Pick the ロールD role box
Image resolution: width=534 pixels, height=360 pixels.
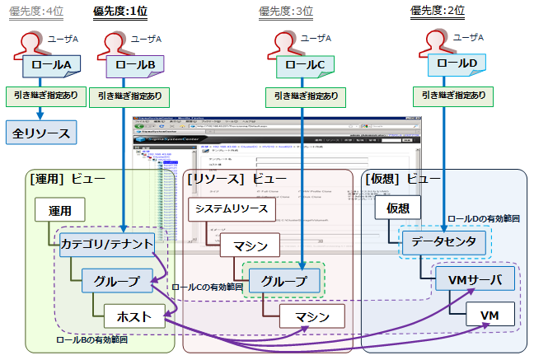[x=457, y=63]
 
